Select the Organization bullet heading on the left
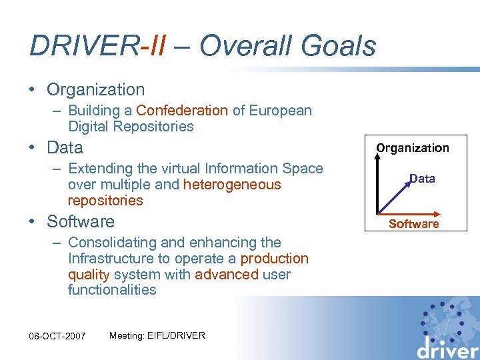[x=95, y=89]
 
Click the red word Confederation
[x=182, y=111]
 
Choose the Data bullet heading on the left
[x=65, y=147]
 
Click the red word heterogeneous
[x=232, y=185]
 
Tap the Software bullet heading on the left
[x=80, y=221]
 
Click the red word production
[x=274, y=259]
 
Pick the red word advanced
[x=226, y=275]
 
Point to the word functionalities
[x=112, y=290]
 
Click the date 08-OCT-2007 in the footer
[x=57, y=335]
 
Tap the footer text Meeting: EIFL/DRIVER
[x=157, y=335]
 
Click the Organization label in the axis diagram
[x=413, y=148]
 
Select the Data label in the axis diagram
[x=422, y=178]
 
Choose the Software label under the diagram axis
[x=413, y=224]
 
